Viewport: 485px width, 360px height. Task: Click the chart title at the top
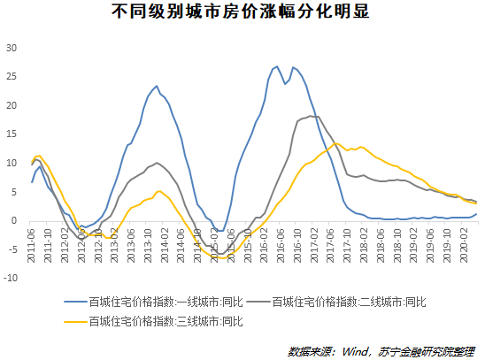coord(242,13)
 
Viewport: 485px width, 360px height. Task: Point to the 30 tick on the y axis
coord(12,48)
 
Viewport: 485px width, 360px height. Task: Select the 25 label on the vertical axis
coord(12,77)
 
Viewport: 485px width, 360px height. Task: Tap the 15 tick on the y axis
coord(12,134)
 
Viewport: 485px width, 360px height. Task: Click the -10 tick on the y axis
coord(11,278)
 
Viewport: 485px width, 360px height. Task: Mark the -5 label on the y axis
coord(12,249)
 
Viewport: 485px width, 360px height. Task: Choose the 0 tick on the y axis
coord(15,220)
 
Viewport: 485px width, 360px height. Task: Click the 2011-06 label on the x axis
coord(32,244)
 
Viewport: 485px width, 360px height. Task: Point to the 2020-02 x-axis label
coord(461,244)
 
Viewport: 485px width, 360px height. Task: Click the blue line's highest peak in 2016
coord(277,65)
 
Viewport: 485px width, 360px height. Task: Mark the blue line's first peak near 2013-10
coord(157,86)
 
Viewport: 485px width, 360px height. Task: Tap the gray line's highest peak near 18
coord(311,116)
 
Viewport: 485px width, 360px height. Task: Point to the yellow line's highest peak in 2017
coord(336,143)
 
